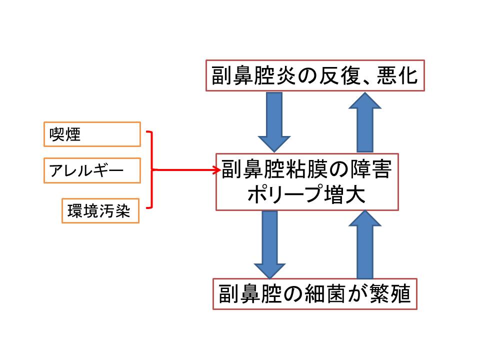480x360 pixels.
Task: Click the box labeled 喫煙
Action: (x=92, y=134)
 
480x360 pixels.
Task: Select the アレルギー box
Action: (x=92, y=171)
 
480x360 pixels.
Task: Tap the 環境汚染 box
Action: (x=100, y=211)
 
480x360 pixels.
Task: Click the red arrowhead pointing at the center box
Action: (x=217, y=170)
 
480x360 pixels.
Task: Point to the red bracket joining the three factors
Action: (x=150, y=170)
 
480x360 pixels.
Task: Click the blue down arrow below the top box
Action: (x=274, y=122)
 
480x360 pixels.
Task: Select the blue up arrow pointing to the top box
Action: (x=364, y=122)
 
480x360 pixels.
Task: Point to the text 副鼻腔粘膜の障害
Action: (x=307, y=170)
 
